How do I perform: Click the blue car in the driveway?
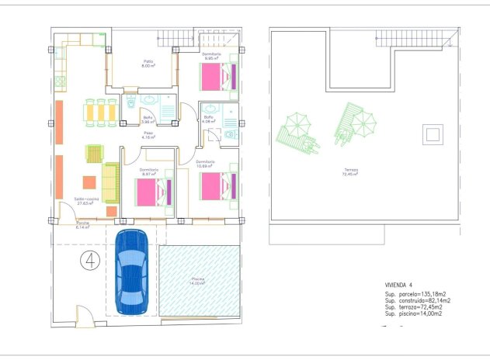(131, 272)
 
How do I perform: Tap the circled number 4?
(90, 261)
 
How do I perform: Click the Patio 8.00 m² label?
(147, 64)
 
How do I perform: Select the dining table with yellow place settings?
(100, 112)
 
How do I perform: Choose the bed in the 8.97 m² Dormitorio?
(153, 192)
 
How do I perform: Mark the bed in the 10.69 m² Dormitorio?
(217, 186)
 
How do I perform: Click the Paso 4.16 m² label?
(148, 135)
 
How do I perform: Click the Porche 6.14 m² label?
(83, 226)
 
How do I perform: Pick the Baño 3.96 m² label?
(147, 119)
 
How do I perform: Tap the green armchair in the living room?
(94, 154)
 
